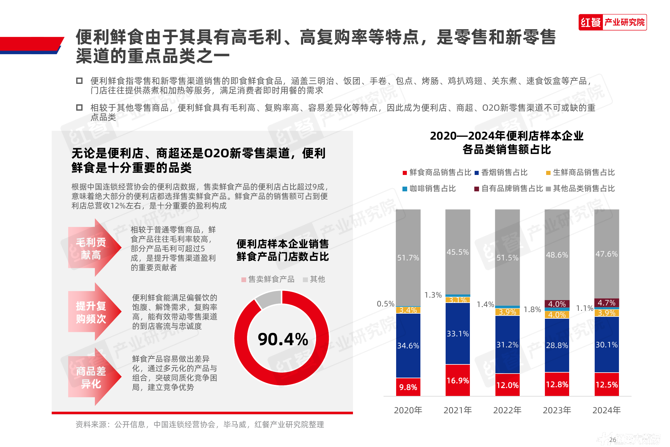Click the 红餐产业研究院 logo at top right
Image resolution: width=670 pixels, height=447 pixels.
(612, 22)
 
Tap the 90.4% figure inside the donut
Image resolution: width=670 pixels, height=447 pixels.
(283, 339)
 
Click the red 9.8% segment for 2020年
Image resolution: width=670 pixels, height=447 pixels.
(408, 387)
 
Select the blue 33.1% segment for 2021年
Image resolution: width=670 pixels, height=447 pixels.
(458, 333)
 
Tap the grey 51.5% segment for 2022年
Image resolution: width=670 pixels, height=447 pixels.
(507, 257)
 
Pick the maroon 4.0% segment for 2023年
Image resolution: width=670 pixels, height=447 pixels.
(557, 304)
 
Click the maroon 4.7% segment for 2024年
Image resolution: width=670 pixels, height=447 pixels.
(607, 303)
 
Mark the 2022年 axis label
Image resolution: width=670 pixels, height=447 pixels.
(507, 410)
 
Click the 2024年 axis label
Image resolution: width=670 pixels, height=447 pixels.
(606, 410)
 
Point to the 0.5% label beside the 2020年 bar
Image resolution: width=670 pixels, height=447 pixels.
(385, 304)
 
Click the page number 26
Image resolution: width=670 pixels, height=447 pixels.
(612, 440)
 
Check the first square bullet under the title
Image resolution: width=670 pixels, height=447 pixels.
(79, 81)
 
